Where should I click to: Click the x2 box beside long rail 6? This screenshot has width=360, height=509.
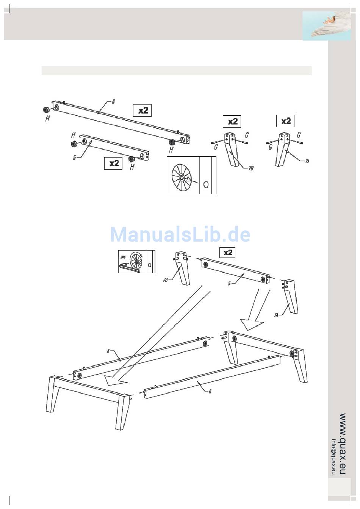142,110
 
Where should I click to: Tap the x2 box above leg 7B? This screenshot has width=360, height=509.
232,121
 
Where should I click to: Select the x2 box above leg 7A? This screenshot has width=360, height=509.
286,121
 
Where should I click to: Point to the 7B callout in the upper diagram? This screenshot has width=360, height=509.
250,168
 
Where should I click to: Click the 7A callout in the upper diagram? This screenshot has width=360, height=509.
307,161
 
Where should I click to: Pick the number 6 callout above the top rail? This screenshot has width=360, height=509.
113,101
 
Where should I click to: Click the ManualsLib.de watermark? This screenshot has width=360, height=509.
180,234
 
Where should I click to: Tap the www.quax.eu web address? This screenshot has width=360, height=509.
343,443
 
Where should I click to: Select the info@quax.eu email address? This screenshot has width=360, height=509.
333,456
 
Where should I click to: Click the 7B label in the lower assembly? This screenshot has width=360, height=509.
165,280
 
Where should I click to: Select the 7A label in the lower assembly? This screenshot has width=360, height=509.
277,314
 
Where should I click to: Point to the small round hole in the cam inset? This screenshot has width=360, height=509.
206,184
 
